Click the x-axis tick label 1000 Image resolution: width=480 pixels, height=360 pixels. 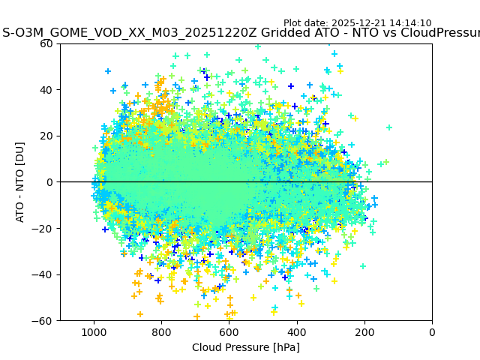(x=94, y=332)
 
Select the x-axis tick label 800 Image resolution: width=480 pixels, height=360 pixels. (x=161, y=332)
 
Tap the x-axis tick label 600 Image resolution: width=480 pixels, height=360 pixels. (x=229, y=332)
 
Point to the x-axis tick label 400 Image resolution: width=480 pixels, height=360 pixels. (x=297, y=332)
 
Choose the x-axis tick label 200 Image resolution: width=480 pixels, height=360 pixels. (x=364, y=332)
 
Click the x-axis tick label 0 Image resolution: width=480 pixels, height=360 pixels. (x=432, y=332)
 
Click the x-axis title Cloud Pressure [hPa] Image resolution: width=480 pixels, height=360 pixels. (x=246, y=347)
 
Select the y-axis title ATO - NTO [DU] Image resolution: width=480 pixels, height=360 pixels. (x=20, y=182)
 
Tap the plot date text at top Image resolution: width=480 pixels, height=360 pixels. (x=357, y=23)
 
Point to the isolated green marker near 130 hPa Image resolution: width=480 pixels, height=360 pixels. (x=389, y=127)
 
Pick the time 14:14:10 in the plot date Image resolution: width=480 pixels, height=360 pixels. (x=410, y=23)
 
